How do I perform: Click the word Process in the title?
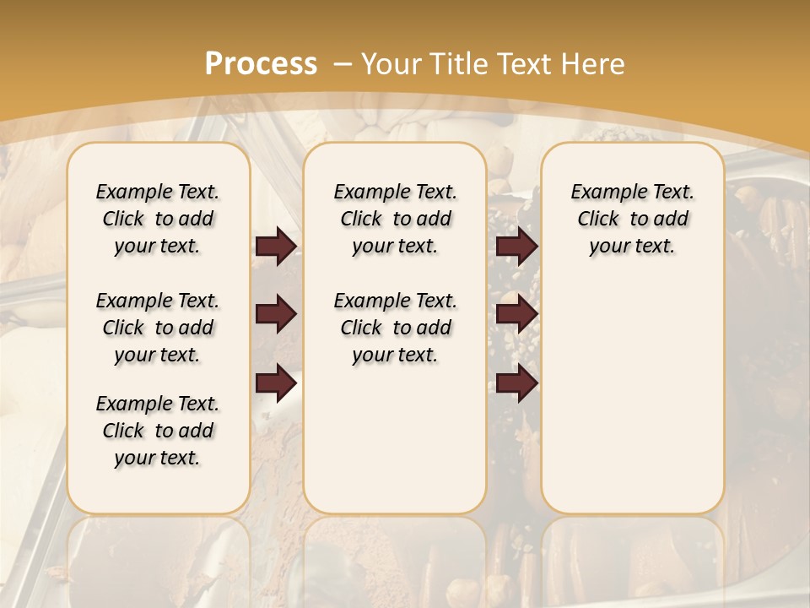pos(261,64)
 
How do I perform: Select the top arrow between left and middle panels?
pos(276,246)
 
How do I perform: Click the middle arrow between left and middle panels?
pos(276,314)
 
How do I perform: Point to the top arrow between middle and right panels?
pos(516,246)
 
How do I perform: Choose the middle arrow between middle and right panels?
pos(516,314)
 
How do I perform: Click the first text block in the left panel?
pos(158,219)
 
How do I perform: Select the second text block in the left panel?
pos(158,328)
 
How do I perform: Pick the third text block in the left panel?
pos(158,431)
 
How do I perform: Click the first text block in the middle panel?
pos(396,219)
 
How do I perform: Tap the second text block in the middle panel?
pos(396,328)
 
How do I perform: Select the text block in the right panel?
pos(633,219)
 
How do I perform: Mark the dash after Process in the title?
pos(343,64)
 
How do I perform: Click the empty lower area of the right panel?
pos(633,397)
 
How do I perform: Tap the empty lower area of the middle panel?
pos(396,439)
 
